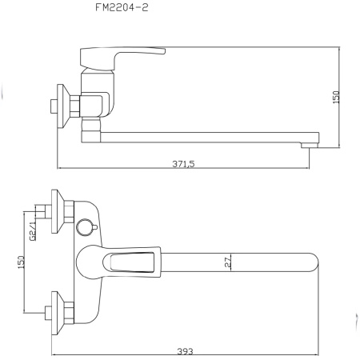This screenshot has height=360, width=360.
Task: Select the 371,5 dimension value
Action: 184,163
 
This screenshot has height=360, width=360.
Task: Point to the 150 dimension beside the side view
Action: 336,96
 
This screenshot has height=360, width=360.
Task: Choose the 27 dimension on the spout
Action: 227,261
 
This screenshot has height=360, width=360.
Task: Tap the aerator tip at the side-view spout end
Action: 306,145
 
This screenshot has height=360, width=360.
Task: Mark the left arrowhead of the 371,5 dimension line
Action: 60,168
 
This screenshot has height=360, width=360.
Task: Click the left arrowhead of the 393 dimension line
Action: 52,354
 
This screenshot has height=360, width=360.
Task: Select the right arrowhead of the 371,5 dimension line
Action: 309,168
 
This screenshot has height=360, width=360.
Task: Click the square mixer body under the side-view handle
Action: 94,104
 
